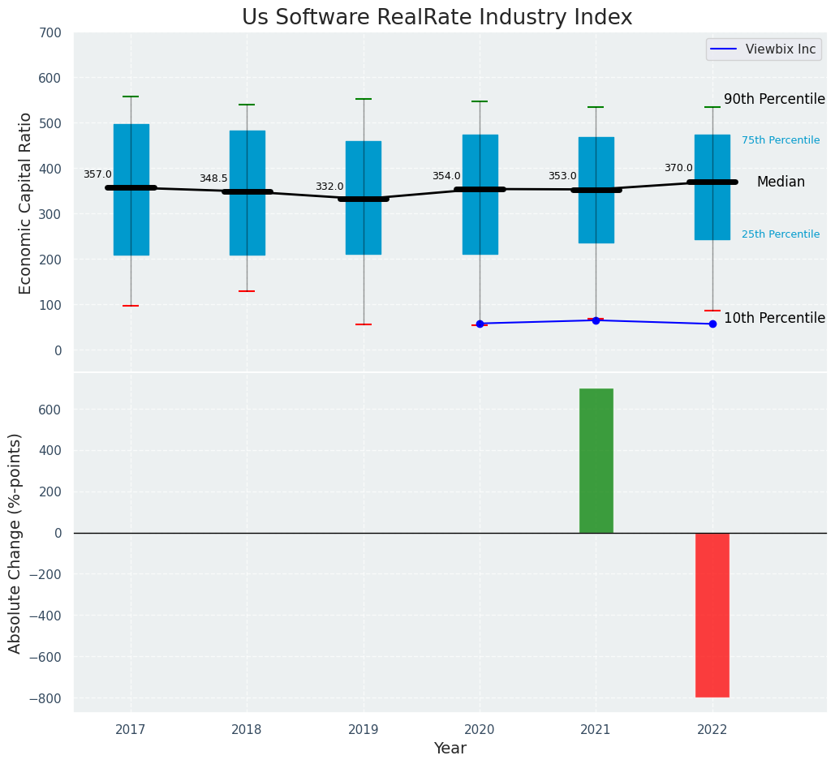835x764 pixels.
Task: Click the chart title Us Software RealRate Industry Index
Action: point(437,18)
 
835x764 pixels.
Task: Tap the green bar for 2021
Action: point(596,460)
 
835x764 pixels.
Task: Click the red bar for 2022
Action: point(712,614)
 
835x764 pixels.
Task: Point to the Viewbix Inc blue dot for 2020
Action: point(480,324)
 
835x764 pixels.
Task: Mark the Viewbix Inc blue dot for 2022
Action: point(712,324)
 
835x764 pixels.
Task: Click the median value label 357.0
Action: point(97,174)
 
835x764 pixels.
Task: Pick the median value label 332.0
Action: point(329,187)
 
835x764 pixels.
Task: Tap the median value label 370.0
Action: point(678,168)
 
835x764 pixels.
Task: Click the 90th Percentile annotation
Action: point(774,99)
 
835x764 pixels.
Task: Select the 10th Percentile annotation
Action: point(774,318)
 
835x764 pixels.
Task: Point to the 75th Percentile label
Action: point(781,140)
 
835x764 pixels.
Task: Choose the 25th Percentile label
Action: point(781,234)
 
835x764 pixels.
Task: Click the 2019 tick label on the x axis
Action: point(364,729)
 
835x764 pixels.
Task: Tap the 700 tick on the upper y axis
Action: point(49,32)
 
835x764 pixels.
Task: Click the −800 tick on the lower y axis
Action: point(45,698)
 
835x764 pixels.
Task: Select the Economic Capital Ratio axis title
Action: point(25,203)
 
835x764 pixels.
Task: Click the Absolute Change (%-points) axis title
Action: point(15,543)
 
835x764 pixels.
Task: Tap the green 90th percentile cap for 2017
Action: point(131,97)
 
